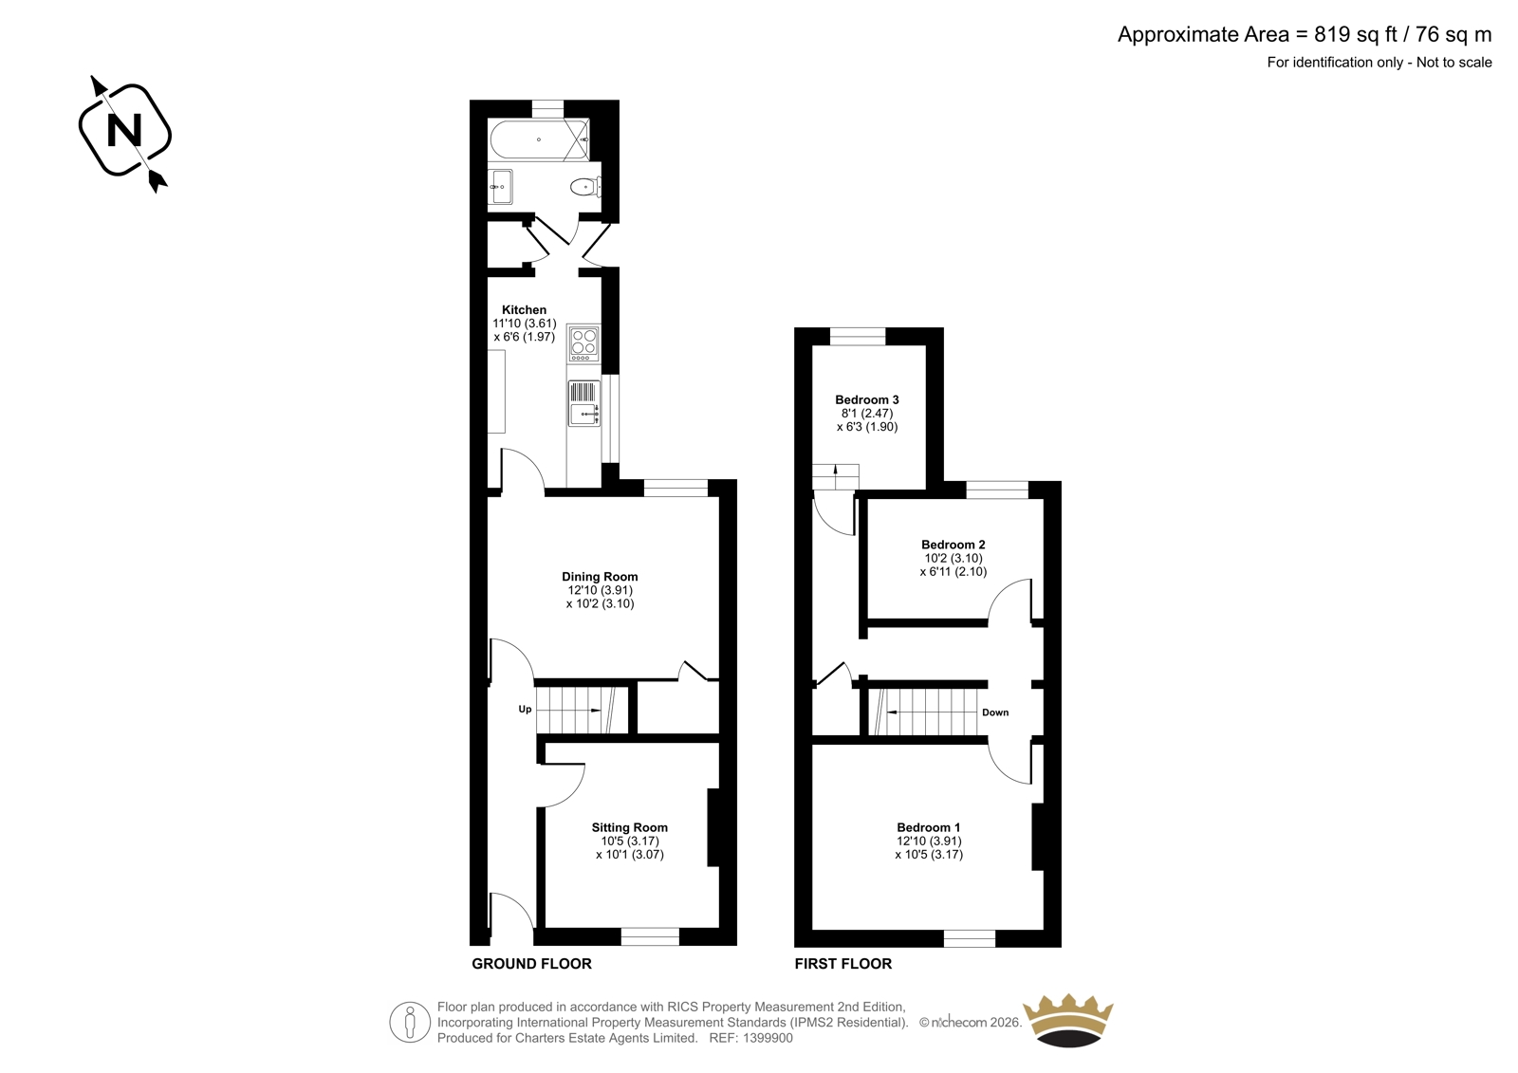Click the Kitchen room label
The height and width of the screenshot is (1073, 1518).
524,310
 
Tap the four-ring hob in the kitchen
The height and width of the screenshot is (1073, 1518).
583,343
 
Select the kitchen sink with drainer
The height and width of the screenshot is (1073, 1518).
584,403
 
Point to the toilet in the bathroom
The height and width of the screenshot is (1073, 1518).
584,186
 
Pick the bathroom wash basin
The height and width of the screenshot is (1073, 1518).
500,186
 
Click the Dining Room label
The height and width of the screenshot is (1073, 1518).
600,577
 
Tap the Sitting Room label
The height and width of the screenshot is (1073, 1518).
630,827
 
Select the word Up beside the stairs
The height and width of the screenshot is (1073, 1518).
525,709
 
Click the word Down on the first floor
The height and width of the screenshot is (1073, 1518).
995,712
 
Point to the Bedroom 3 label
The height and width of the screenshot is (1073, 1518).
867,400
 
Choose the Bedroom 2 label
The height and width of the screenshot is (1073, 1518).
953,545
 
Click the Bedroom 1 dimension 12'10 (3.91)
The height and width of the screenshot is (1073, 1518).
929,841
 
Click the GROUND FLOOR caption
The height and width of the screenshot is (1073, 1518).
531,963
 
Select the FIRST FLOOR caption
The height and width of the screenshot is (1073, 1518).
843,963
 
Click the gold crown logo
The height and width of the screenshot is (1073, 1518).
1068,1020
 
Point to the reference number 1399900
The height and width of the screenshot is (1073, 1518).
767,1038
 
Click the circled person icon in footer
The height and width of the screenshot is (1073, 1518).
410,1022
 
